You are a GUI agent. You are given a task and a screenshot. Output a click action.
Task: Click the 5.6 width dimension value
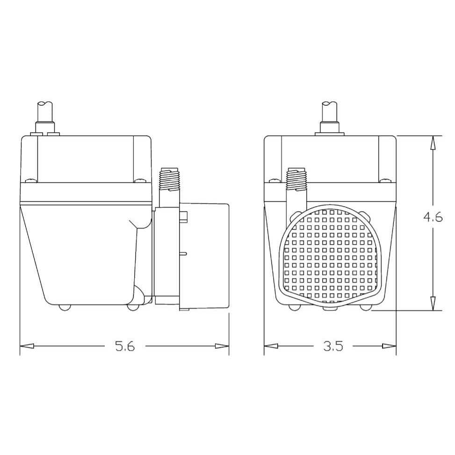click(x=125, y=347)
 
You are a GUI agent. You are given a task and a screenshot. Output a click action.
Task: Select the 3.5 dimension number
click(x=333, y=347)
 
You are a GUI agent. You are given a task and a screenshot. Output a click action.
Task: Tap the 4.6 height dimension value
click(x=433, y=218)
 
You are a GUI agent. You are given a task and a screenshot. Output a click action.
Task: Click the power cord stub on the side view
click(x=45, y=112)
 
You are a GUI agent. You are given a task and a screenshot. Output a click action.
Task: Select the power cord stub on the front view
click(x=330, y=112)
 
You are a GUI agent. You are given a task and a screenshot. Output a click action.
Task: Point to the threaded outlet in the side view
click(x=170, y=180)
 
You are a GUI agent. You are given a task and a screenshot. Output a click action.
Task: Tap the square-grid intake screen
click(x=330, y=255)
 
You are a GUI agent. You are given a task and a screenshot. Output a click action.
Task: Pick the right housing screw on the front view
click(x=384, y=181)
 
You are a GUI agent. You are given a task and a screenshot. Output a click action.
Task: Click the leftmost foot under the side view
click(x=64, y=307)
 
